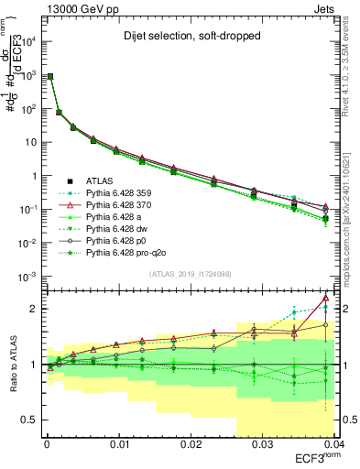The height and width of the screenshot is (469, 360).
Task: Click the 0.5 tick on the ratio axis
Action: tap(27, 420)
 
